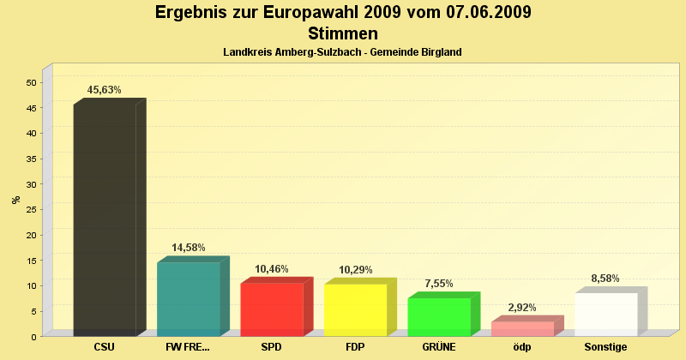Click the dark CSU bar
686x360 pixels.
point(105,219)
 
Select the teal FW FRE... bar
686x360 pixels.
point(188,298)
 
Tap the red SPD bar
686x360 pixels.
point(271,309)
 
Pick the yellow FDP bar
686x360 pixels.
point(355,309)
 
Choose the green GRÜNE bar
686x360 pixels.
point(438,316)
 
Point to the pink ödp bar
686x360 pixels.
point(521,328)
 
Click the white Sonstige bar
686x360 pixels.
point(605,314)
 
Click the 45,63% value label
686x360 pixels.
point(105,90)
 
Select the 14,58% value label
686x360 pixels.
point(189,248)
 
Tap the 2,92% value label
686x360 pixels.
point(522,307)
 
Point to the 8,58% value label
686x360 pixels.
point(605,279)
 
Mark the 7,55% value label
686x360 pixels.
point(439,284)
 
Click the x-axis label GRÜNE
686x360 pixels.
point(439,347)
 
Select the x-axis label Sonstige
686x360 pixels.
point(605,347)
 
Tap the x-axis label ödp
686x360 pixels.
point(522,347)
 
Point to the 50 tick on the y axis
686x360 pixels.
point(32,82)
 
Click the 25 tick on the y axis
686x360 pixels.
point(32,209)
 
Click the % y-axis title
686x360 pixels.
point(16,200)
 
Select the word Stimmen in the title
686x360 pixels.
point(343,33)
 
